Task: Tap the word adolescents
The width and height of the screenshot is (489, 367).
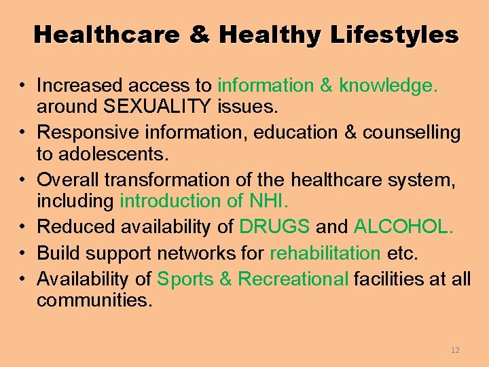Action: click(103, 155)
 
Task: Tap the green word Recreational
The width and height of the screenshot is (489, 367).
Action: click(293, 278)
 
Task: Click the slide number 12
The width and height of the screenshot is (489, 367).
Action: click(454, 350)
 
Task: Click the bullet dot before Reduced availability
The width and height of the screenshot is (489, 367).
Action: click(22, 227)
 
